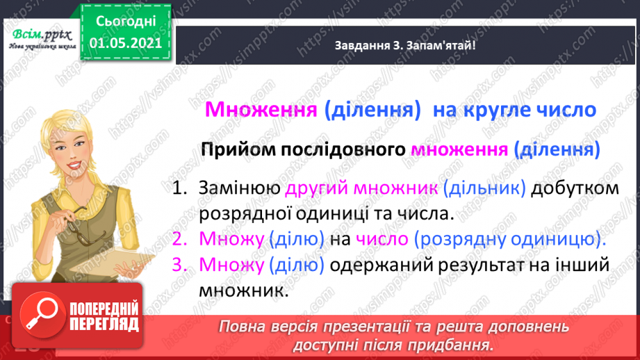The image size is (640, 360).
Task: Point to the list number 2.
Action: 180,239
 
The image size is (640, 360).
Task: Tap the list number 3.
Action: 180,265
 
